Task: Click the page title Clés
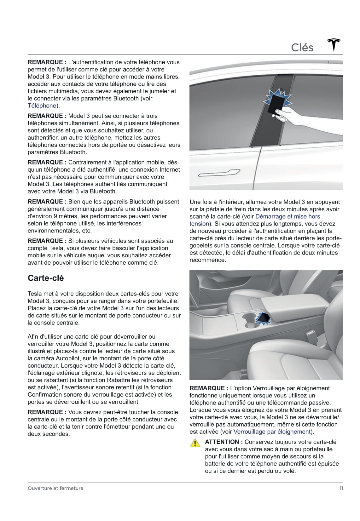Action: [x=302, y=48]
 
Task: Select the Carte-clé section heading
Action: [x=46, y=278]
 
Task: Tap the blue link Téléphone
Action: [x=42, y=106]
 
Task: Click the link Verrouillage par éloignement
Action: [x=272, y=432]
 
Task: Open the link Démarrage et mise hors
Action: [x=287, y=216]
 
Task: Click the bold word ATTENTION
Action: [x=222, y=442]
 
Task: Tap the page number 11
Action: [x=341, y=488]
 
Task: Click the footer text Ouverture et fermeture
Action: [x=55, y=488]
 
